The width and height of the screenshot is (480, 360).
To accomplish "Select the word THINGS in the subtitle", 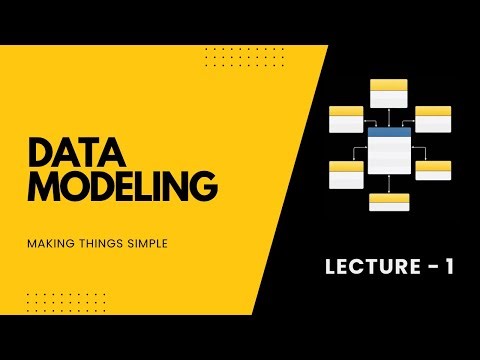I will [96, 241].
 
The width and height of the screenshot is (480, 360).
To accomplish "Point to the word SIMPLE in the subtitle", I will [141, 241].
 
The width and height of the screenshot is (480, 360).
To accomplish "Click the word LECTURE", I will [365, 266].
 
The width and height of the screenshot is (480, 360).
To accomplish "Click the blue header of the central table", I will [389, 132].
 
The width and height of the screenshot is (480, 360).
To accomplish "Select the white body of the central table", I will [389, 155].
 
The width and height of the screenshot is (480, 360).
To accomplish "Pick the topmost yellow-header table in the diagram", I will [389, 93].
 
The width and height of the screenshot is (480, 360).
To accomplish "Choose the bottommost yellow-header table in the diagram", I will [389, 201].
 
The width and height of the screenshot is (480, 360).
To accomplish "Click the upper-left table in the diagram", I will [346, 119].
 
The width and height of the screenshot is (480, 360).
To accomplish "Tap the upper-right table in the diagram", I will [433, 119].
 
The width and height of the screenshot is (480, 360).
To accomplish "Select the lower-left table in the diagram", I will [346, 175].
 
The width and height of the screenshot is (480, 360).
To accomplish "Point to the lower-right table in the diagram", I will [433, 170].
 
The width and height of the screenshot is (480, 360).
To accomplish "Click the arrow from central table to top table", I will [389, 117].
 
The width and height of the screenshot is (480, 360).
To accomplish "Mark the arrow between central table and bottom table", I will [389, 184].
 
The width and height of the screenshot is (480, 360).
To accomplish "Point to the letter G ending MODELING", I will [203, 188].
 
